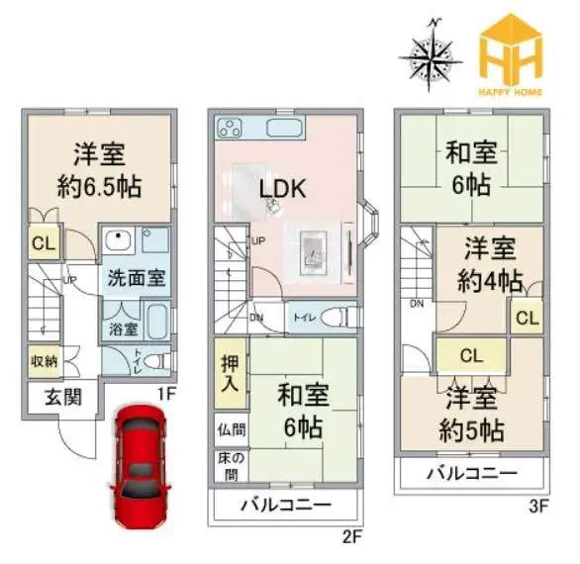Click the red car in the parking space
tap(141, 466)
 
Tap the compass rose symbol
tap(431, 55)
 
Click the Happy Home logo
tap(511, 54)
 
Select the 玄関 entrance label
tap(63, 398)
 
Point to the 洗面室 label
tap(137, 277)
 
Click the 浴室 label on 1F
tap(124, 329)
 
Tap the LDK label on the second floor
tap(283, 188)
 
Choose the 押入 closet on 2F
tap(230, 374)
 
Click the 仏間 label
tap(232, 430)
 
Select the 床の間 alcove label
tap(232, 466)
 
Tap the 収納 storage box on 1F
tap(44, 361)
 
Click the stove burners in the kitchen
tap(230, 128)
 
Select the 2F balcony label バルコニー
tap(286, 504)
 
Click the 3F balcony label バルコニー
tap(472, 473)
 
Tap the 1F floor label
tap(165, 394)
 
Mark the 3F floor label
tap(537, 506)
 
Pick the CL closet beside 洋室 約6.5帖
tap(44, 242)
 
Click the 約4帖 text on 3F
tap(490, 281)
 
